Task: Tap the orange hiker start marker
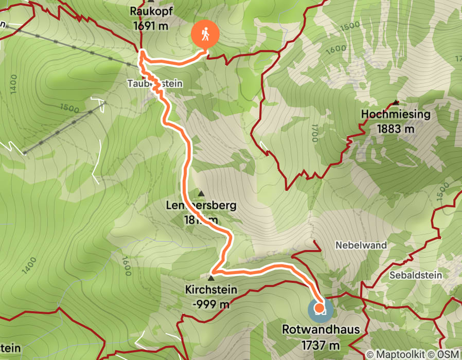click(205, 35)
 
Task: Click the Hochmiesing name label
click(395, 114)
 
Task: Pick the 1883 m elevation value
click(395, 129)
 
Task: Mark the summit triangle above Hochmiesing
click(395, 102)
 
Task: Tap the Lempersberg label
click(201, 206)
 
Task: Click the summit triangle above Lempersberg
click(201, 193)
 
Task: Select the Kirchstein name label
click(211, 290)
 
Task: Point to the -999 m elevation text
click(211, 304)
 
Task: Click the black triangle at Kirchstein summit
click(211, 278)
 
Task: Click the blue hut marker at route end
click(319, 310)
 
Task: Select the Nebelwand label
click(361, 245)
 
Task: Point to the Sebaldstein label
click(416, 275)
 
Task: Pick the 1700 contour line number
click(314, 135)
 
